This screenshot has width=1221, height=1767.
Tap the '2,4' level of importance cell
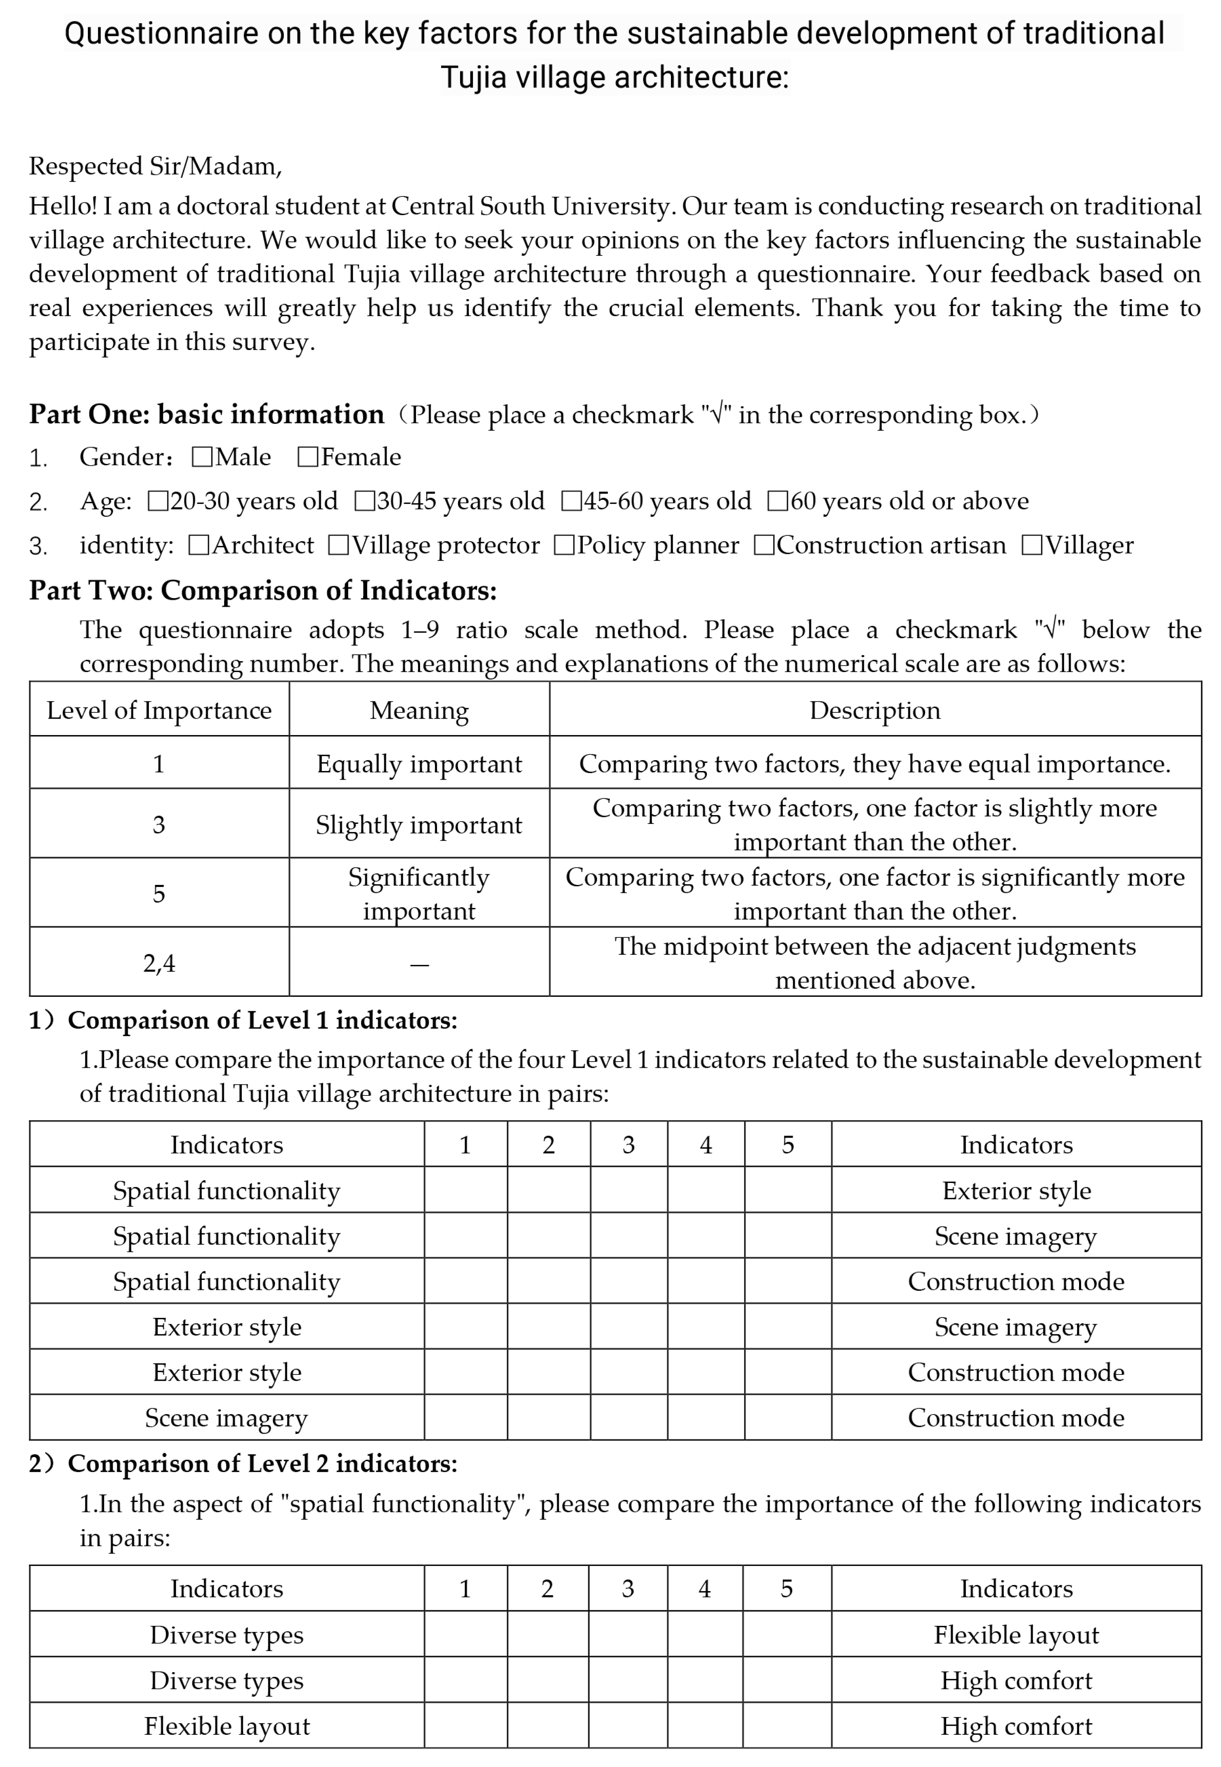click(159, 963)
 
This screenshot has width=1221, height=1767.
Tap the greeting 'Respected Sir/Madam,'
click(155, 166)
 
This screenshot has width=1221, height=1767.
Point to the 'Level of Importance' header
click(159, 710)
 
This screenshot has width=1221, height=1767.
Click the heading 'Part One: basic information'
click(207, 414)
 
